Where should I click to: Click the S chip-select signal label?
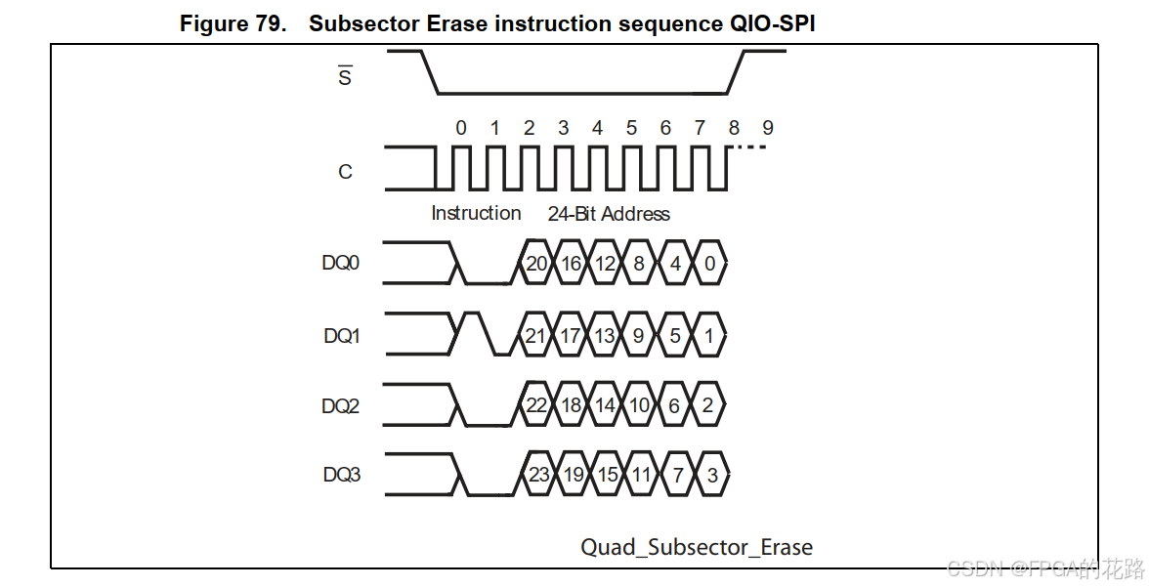345,76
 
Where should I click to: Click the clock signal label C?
345,172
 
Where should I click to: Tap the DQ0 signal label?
341,264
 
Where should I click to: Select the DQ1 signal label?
342,336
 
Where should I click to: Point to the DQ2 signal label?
341,405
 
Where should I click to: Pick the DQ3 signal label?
342,476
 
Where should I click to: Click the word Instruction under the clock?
476,213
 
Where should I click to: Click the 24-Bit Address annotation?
609,214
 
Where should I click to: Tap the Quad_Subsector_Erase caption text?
697,547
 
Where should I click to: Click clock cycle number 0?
461,128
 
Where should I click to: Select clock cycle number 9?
768,128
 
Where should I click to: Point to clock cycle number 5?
631,128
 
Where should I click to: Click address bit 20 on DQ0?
536,264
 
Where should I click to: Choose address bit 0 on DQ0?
709,264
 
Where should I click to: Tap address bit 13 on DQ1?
605,336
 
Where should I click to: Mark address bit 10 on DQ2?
639,405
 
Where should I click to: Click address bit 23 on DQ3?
538,476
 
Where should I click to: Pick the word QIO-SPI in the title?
772,24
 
